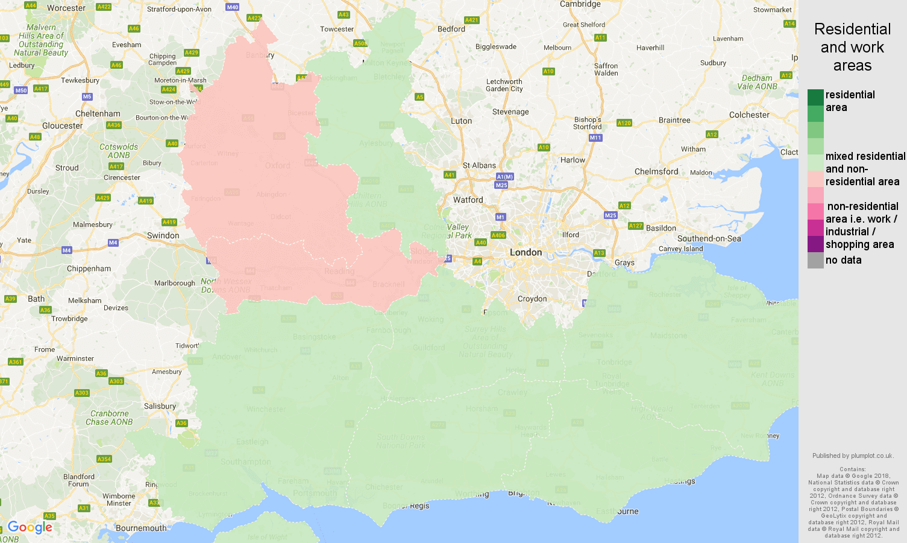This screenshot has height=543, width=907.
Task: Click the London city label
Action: click(526, 252)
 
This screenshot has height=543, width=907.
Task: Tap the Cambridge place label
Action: click(580, 4)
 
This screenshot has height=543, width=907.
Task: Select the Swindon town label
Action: click(163, 235)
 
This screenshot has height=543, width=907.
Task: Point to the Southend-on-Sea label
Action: click(709, 238)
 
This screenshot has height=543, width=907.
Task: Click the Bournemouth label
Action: click(141, 528)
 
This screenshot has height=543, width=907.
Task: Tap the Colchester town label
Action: click(749, 115)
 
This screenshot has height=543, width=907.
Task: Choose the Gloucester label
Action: click(63, 125)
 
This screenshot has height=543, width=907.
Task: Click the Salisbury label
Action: click(160, 406)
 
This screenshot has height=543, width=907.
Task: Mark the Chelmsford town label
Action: click(656, 171)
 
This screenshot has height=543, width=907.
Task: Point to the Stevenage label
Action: click(510, 112)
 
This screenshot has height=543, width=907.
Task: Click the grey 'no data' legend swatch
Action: click(815, 260)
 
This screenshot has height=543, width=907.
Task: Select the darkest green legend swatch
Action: click(815, 97)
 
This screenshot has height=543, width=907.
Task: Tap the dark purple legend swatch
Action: click(815, 244)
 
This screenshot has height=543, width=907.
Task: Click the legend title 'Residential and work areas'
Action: click(852, 47)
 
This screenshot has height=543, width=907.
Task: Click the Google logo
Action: click(30, 527)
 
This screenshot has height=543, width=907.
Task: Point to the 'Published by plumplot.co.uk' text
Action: click(853, 456)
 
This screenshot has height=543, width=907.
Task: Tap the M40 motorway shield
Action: click(232, 7)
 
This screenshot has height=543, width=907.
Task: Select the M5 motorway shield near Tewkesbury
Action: click(87, 97)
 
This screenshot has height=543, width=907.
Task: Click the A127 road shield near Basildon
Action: click(635, 226)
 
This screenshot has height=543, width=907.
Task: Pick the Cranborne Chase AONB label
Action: click(109, 418)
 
